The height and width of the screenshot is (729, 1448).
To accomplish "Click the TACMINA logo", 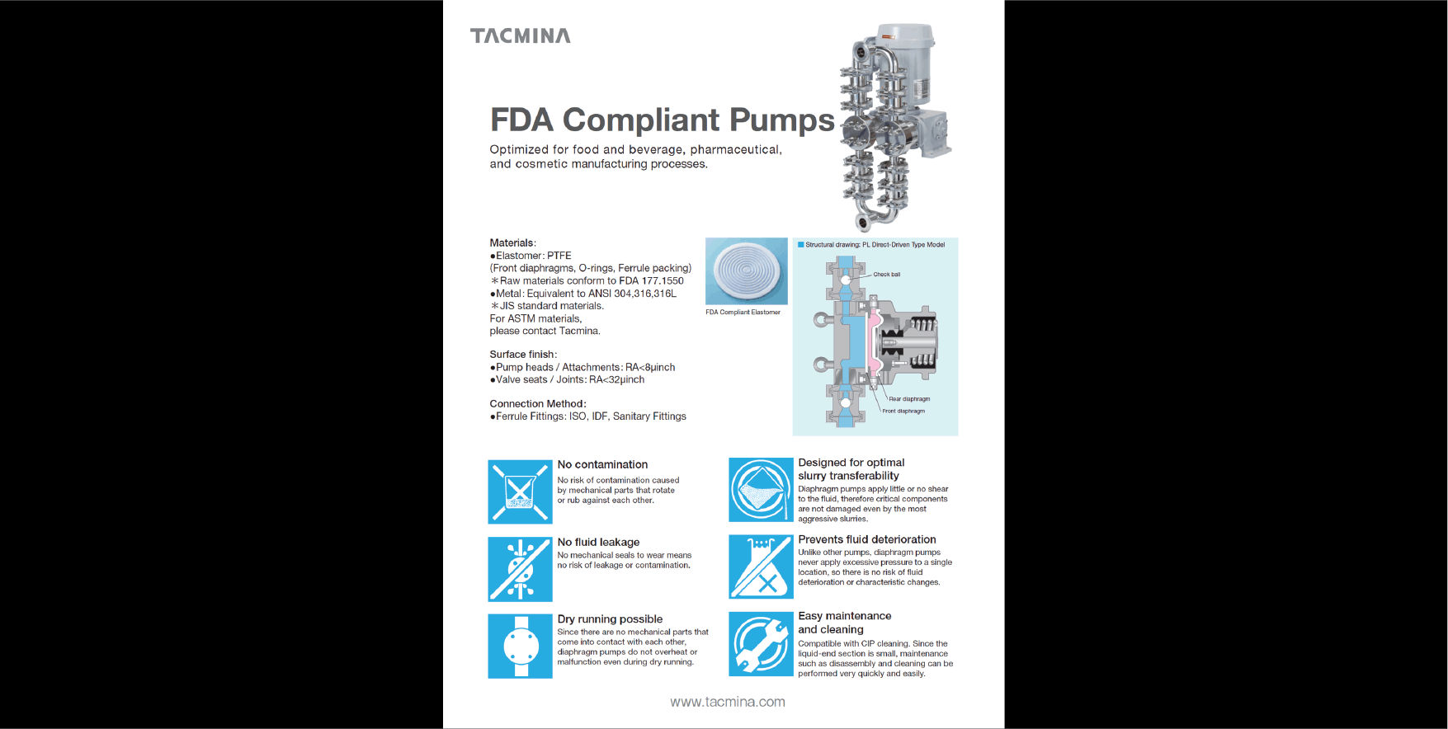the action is (x=520, y=35).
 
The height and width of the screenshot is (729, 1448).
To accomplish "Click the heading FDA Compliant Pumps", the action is (x=663, y=120).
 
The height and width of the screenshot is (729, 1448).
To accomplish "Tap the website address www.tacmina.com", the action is (x=728, y=702).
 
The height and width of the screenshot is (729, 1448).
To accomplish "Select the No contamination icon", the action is (x=520, y=491).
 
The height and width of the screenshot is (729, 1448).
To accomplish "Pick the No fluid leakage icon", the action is (x=520, y=569).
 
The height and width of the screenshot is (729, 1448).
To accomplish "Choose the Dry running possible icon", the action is (x=520, y=646).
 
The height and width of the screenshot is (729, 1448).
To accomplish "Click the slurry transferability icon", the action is (x=761, y=490).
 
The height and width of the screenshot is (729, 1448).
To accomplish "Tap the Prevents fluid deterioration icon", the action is (x=761, y=567).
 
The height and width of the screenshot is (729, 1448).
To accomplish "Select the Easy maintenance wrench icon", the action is (x=761, y=644).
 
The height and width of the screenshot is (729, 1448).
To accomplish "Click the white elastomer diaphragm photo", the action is (x=747, y=271).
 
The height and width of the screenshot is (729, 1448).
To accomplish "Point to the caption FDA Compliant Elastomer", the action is (x=743, y=313).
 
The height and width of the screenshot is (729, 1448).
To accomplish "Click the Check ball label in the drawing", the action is (x=887, y=275).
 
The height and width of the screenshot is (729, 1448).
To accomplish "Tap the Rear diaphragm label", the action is (x=909, y=399).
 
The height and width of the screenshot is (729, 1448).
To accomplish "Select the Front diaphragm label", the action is (x=903, y=411).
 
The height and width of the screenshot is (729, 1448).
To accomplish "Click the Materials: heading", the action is (x=512, y=243).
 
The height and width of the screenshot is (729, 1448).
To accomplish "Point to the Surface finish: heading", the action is (x=523, y=355).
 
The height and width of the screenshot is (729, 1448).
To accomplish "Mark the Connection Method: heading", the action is (x=538, y=404).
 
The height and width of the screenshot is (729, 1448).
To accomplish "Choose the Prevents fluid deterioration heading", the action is (x=867, y=539).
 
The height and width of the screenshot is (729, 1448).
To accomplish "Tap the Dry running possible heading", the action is (x=610, y=619).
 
